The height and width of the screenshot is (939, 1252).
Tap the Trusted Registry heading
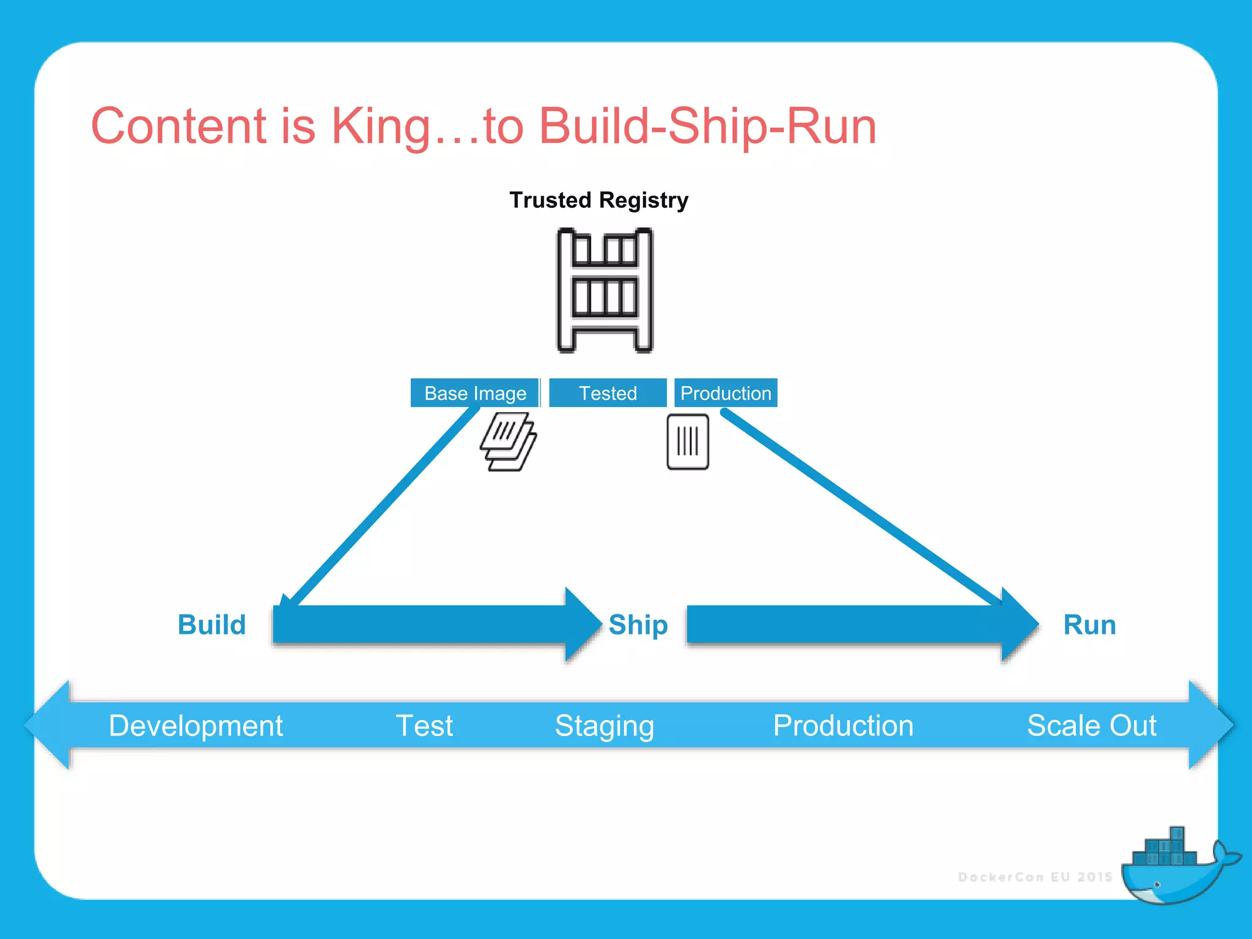pos(598,200)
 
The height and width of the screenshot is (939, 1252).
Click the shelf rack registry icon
pos(605,290)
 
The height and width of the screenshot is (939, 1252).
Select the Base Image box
pos(475,393)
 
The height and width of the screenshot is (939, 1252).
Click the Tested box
pos(608,393)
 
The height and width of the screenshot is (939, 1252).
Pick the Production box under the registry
pos(726,393)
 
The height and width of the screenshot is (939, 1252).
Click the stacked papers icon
pos(508,441)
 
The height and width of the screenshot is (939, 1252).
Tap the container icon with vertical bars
pos(688,441)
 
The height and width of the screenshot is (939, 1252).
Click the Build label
pos(212,625)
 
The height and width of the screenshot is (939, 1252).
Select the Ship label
pos(638,625)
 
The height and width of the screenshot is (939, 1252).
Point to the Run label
pos(1089,625)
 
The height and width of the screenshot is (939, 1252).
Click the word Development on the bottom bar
pos(196,726)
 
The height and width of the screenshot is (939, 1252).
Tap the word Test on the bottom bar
pos(424,726)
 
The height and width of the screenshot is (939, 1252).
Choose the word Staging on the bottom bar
pos(604,726)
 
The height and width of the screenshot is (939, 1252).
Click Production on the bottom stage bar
pos(843,726)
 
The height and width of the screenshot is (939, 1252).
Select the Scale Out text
pos(1091,726)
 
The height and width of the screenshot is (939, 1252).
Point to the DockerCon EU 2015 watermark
pos(1035,877)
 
